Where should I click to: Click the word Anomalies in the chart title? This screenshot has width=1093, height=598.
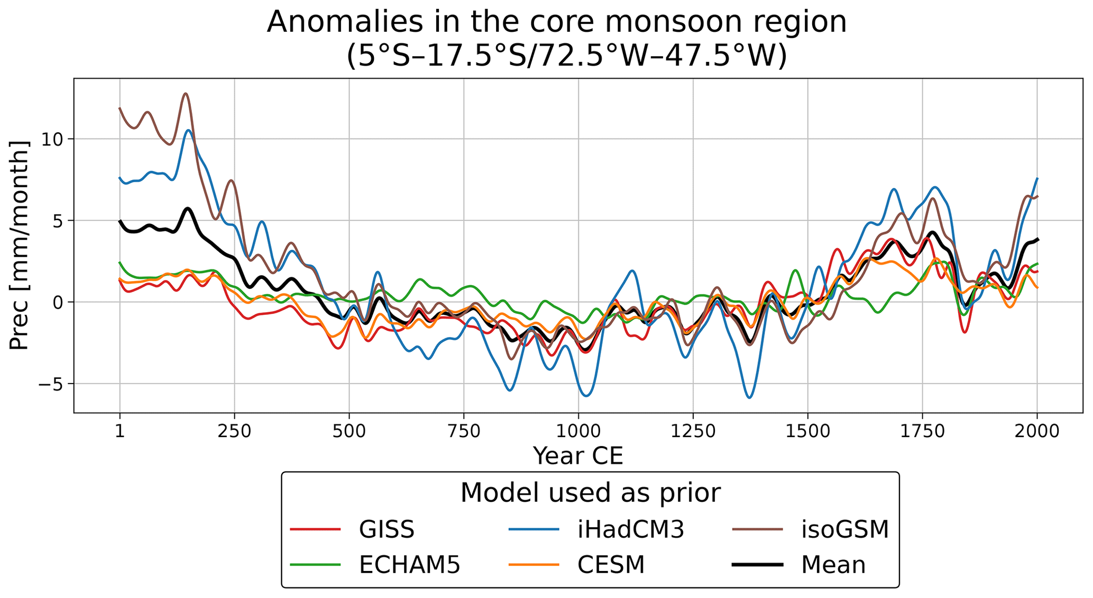click(x=337, y=22)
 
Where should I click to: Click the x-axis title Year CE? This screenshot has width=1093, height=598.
click(x=578, y=456)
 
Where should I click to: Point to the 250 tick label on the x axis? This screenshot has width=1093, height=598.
click(x=234, y=431)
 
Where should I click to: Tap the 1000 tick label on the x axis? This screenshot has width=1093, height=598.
click(x=578, y=431)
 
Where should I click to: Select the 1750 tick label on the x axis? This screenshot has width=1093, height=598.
click(x=922, y=431)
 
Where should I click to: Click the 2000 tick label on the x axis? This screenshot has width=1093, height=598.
click(x=1036, y=431)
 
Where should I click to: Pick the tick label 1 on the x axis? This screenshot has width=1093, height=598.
click(x=120, y=431)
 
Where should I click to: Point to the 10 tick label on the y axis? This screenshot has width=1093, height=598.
click(x=52, y=139)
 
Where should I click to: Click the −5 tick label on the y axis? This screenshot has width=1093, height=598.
click(x=50, y=384)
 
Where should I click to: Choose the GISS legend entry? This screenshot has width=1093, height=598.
click(x=387, y=529)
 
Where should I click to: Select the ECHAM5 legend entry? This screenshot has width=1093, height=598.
click(x=409, y=565)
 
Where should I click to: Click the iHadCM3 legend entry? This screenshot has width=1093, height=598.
click(x=630, y=529)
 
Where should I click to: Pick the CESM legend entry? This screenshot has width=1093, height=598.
click(x=611, y=565)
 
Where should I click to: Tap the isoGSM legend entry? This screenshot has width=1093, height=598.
click(x=844, y=529)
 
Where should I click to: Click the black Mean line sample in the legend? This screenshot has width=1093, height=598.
click(x=757, y=565)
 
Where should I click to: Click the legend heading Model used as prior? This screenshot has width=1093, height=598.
click(x=590, y=493)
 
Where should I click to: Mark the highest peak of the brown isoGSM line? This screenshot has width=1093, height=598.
click(x=186, y=94)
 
